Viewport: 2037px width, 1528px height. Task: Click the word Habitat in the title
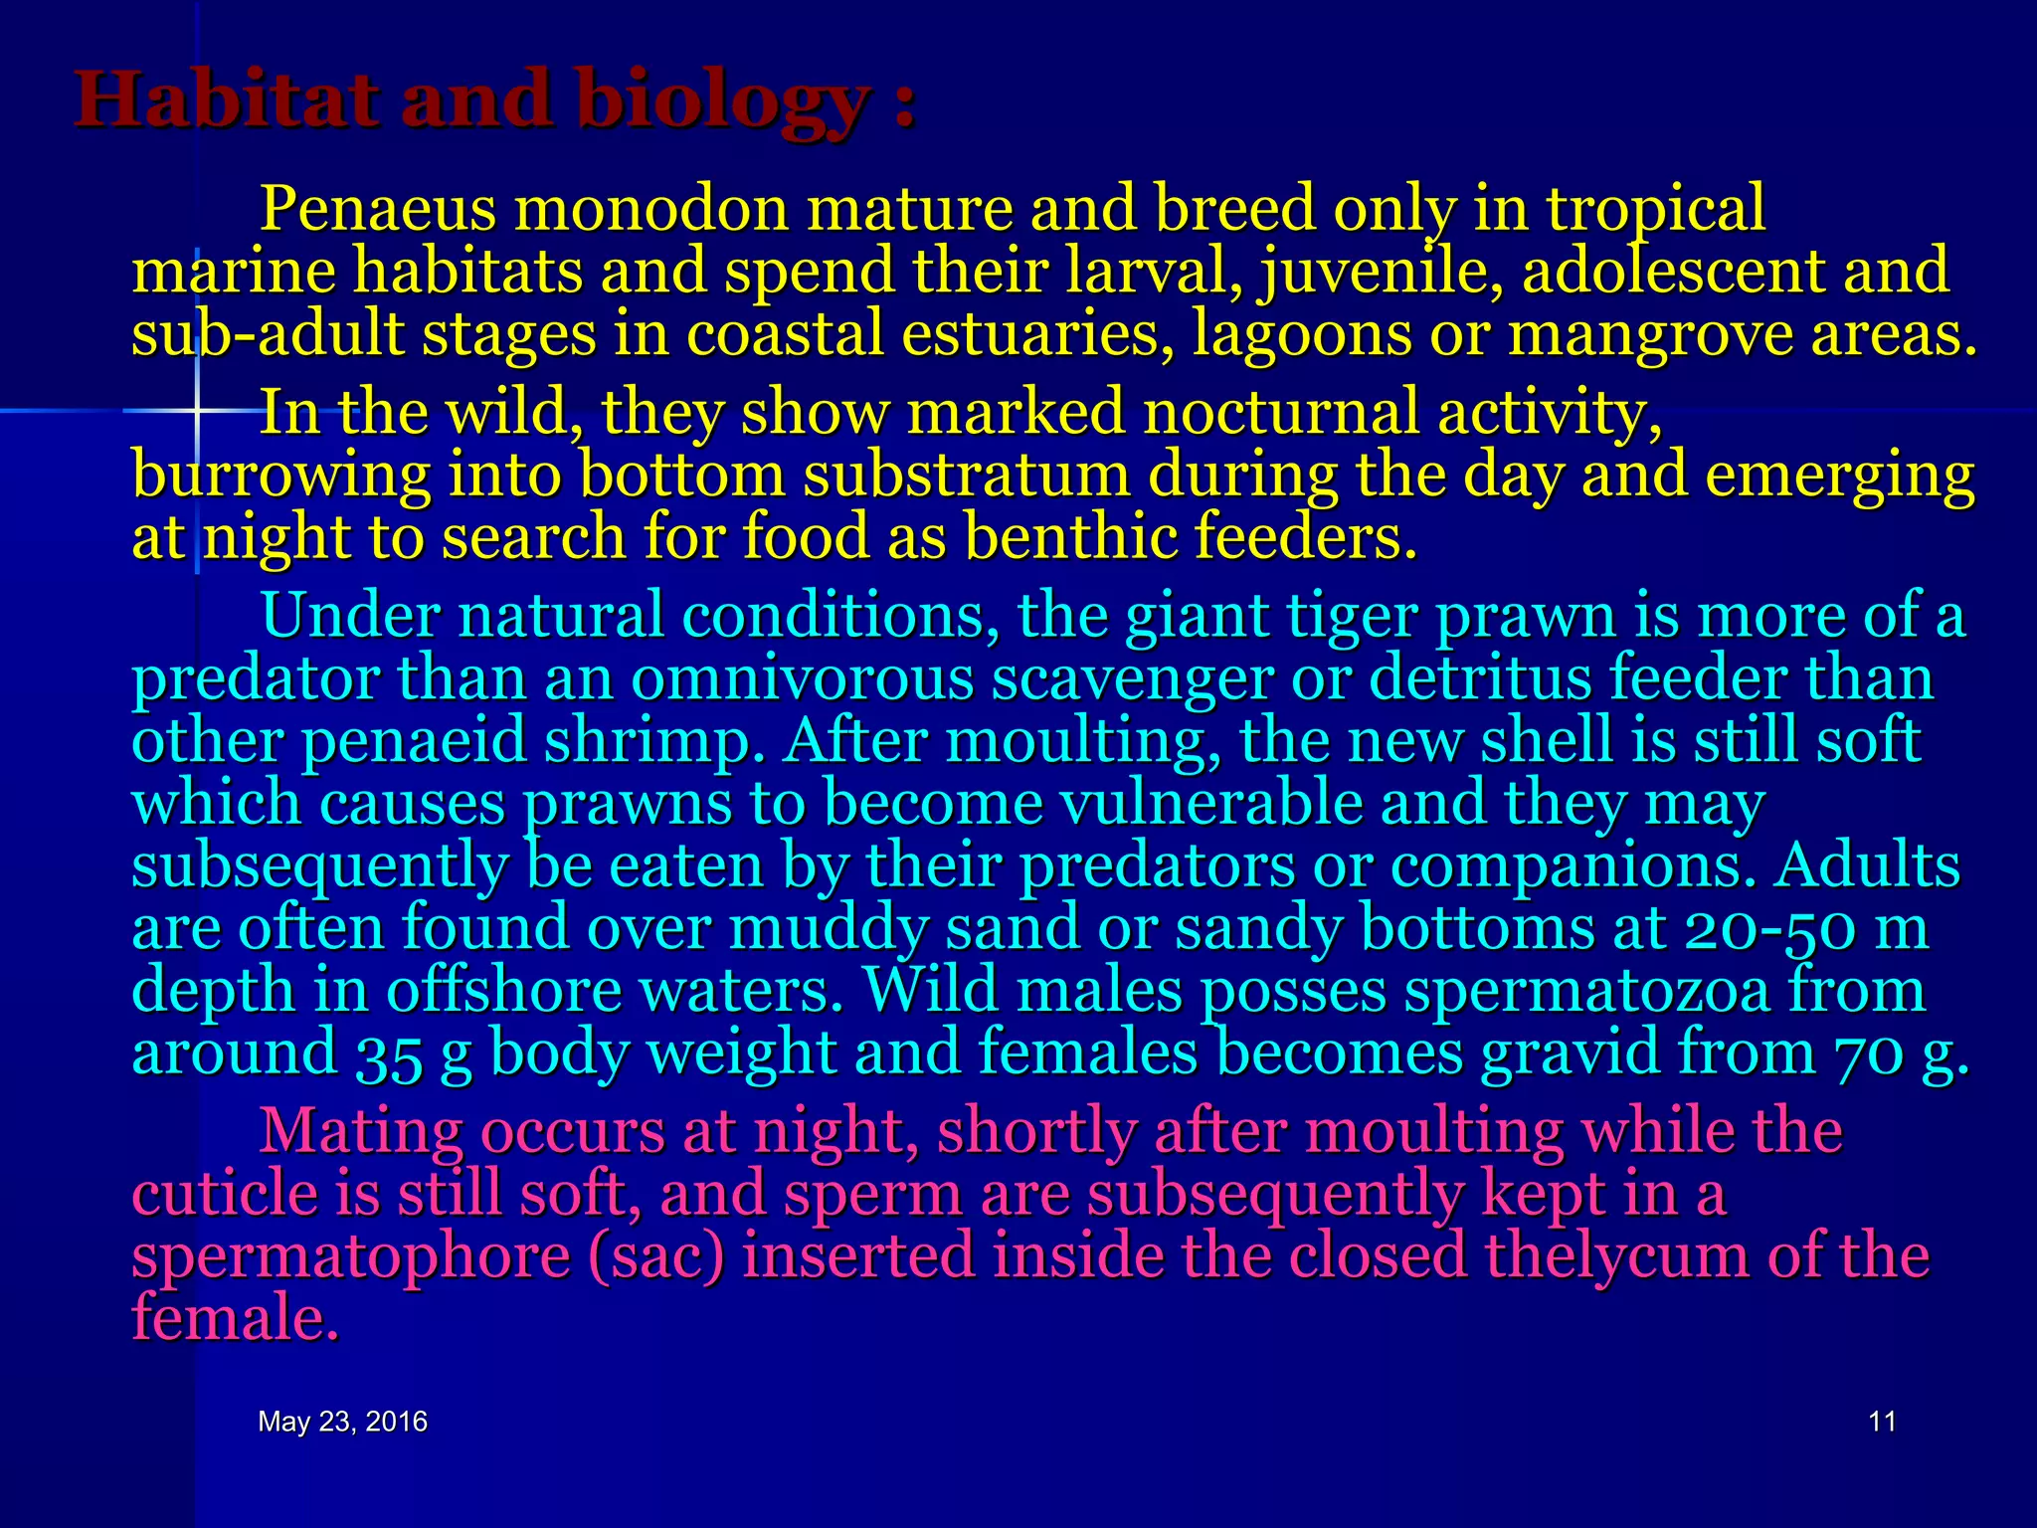pos(228,100)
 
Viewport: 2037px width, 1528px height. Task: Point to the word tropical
pos(1655,211)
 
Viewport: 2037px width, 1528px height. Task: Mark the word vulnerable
pos(1211,803)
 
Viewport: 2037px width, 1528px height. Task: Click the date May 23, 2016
pos(342,1422)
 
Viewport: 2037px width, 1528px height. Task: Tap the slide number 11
pos(1882,1422)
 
